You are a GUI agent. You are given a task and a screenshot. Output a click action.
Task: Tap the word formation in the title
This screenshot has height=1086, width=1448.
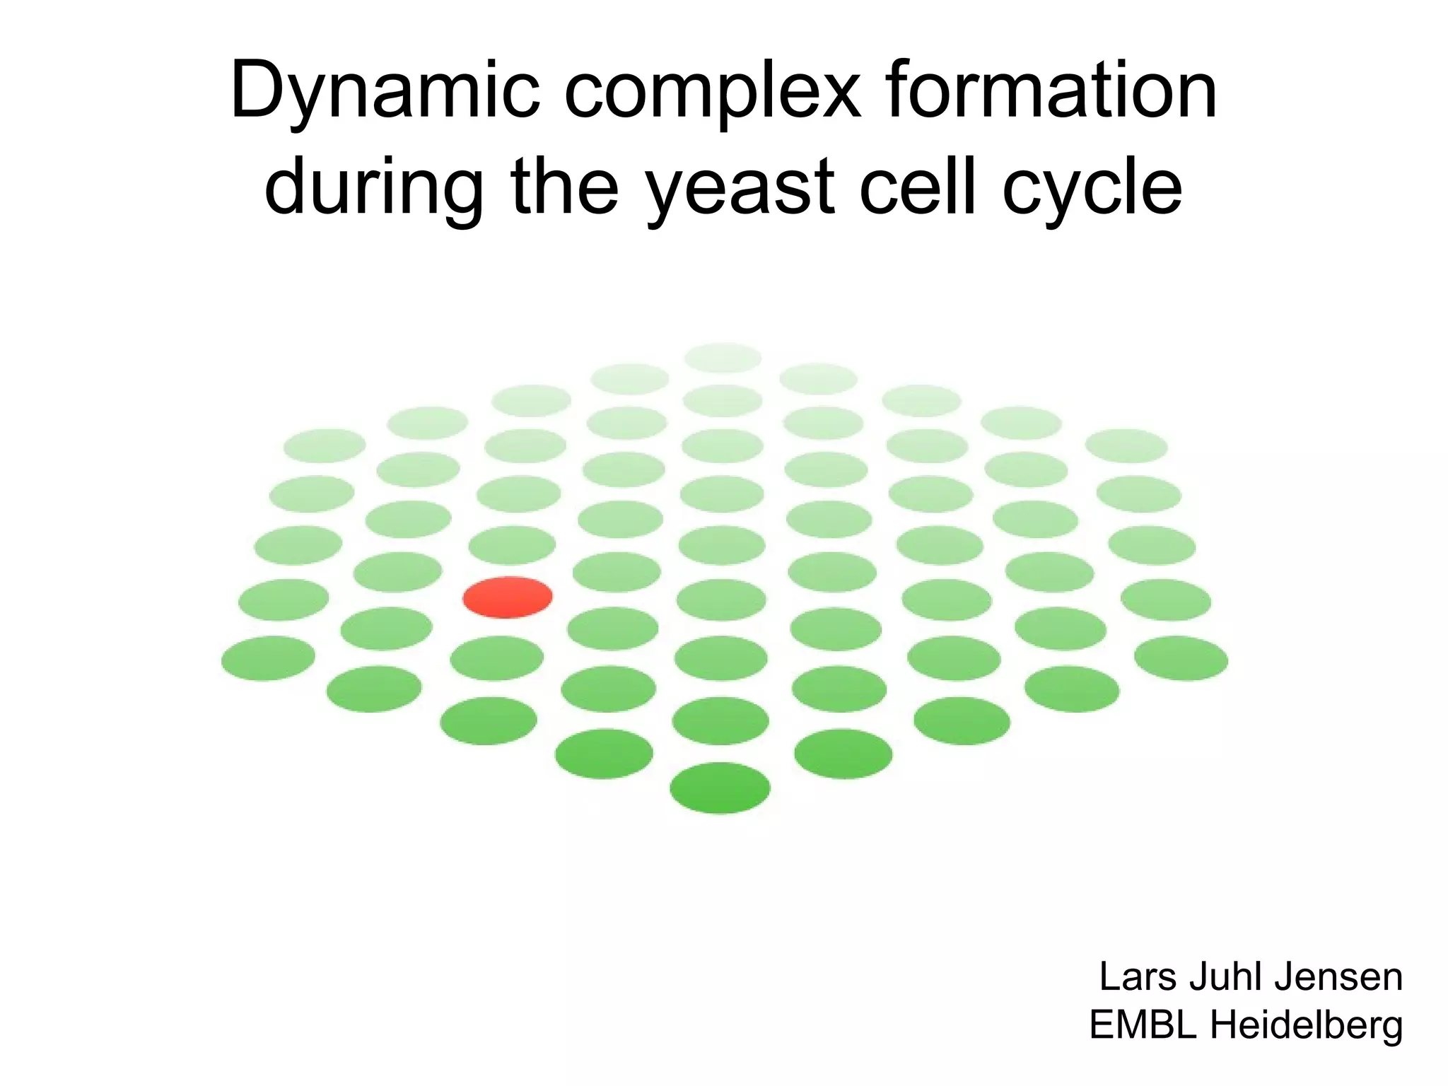[1051, 90]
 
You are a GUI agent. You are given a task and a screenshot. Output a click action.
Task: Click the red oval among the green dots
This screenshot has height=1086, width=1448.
[508, 597]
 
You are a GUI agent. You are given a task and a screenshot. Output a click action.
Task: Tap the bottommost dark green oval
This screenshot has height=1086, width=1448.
[720, 788]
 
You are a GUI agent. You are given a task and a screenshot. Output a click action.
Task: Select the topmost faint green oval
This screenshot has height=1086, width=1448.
[723, 358]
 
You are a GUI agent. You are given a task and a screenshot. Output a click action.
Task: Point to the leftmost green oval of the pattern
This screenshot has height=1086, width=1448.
[268, 658]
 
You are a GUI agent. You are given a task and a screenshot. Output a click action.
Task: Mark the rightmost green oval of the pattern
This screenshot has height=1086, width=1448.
[1181, 658]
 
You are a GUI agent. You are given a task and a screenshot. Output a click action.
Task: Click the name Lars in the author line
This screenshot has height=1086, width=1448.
[1140, 977]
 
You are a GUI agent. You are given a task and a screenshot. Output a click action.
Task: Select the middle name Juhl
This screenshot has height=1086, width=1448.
[1227, 977]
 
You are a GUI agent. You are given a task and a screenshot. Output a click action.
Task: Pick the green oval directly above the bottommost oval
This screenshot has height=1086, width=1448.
[720, 720]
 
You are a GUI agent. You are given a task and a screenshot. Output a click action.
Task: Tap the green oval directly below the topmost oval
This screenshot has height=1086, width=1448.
[723, 401]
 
